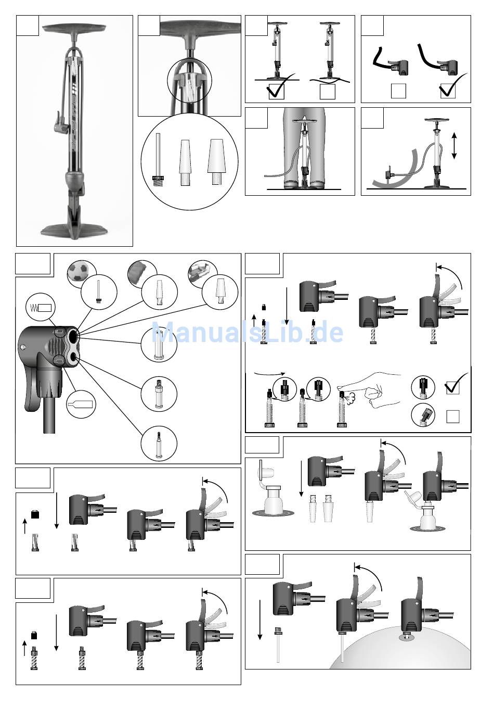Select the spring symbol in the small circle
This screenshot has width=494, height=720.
pyautogui.click(x=35, y=308)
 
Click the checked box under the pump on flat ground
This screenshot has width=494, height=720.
pyautogui.click(x=276, y=91)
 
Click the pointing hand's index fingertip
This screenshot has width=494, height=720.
pyautogui.click(x=341, y=390)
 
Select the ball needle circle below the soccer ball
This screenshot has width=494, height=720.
pyautogui.click(x=99, y=292)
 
